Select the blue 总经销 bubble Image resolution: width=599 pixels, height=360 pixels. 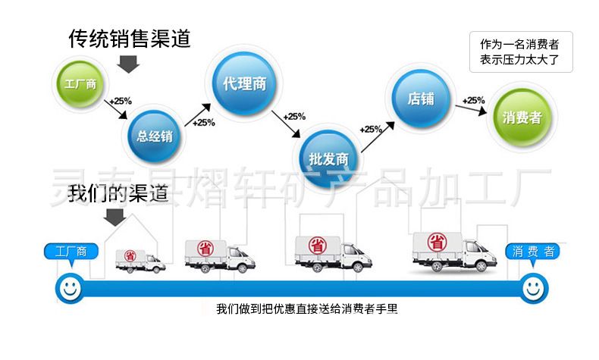pos(155,136)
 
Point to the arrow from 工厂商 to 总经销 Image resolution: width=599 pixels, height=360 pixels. pos(115,111)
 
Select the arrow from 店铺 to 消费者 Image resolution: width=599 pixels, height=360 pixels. pos(471,108)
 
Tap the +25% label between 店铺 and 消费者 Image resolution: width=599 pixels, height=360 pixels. pos(474,99)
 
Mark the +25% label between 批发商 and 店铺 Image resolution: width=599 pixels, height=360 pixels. pos(371,128)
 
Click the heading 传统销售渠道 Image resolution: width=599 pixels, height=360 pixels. pos(128,38)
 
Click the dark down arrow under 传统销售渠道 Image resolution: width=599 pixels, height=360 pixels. pos(129,64)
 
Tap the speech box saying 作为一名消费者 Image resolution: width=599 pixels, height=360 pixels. pos(519,52)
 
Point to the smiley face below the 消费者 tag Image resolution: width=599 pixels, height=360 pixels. pos(532,287)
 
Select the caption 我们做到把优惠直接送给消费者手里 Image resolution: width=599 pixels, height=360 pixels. pos(306,308)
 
